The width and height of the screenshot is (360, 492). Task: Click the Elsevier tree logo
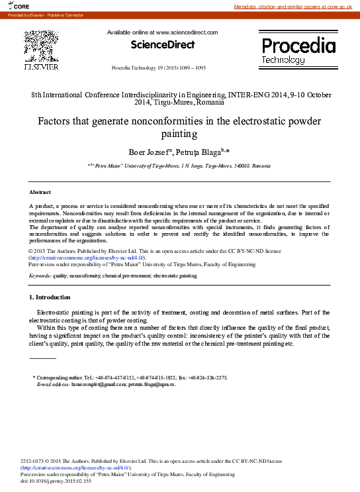[41, 49]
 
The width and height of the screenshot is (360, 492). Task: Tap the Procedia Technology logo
[298, 50]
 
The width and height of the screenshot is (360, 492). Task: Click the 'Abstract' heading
[40, 191]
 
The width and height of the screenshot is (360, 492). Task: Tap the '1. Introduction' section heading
[50, 297]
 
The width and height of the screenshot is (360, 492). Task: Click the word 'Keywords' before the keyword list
[40, 275]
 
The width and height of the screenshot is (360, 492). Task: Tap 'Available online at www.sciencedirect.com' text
[162, 32]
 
